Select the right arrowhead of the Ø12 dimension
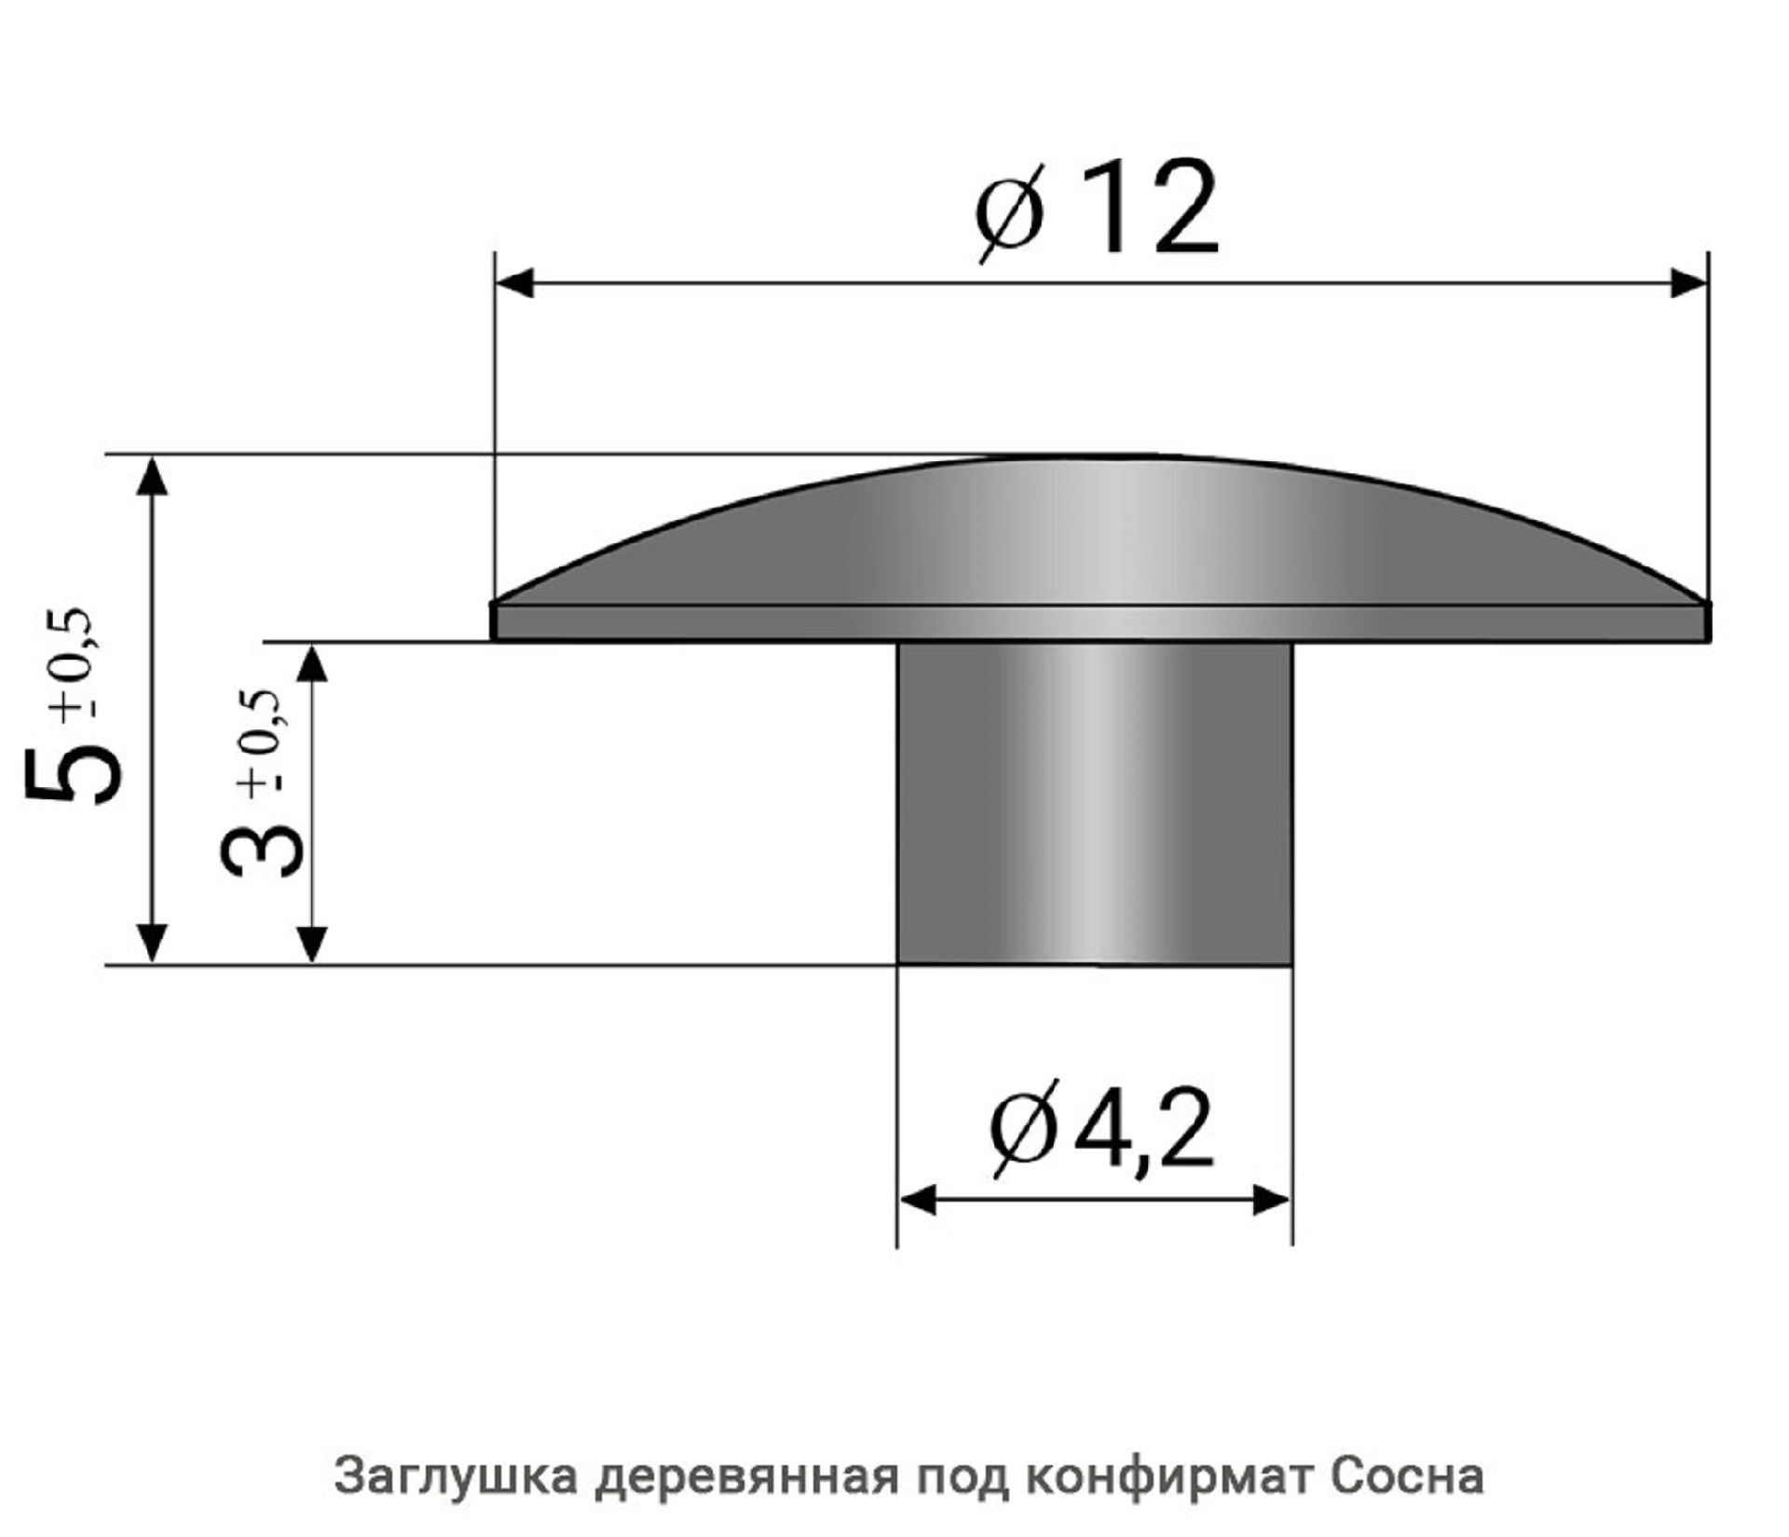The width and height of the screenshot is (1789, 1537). click(1687, 283)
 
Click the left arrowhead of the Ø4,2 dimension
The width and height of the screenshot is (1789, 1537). click(918, 1201)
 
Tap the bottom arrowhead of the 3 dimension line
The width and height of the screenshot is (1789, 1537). click(313, 944)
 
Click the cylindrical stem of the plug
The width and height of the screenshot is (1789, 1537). click(1094, 801)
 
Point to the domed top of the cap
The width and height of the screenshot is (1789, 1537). click(1099, 531)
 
